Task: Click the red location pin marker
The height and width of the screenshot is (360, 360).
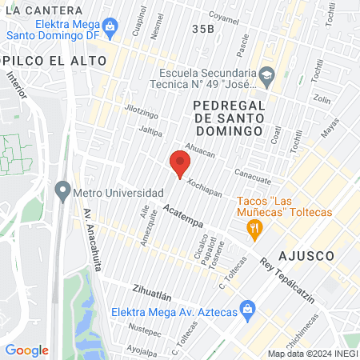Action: point(179,164)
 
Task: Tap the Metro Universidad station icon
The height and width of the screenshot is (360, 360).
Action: point(62,192)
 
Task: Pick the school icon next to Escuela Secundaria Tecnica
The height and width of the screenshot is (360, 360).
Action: point(266,77)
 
